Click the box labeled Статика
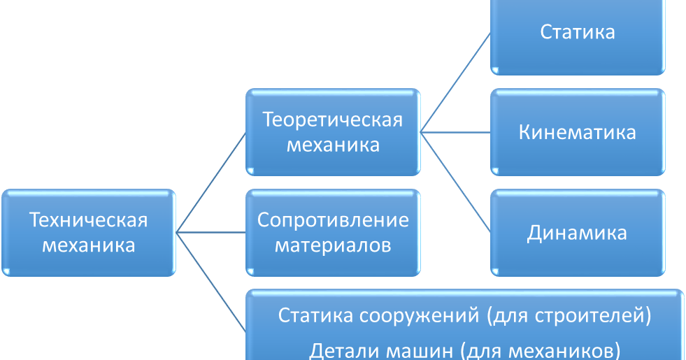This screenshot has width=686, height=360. tap(578, 32)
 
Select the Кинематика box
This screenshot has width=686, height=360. tap(578, 132)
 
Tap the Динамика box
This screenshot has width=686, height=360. tap(578, 232)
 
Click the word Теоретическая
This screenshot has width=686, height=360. tap(333, 120)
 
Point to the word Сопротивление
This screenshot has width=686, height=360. tap(333, 220)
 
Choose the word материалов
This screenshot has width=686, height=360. tap(333, 246)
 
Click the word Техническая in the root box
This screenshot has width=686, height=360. tap(88, 220)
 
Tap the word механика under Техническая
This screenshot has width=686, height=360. tap(88, 246)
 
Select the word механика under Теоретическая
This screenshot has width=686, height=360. tap(333, 145)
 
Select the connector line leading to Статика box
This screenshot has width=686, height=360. tap(456, 82)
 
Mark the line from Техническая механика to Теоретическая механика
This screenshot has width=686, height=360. tap(210, 182)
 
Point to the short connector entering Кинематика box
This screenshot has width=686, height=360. tap(456, 131)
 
